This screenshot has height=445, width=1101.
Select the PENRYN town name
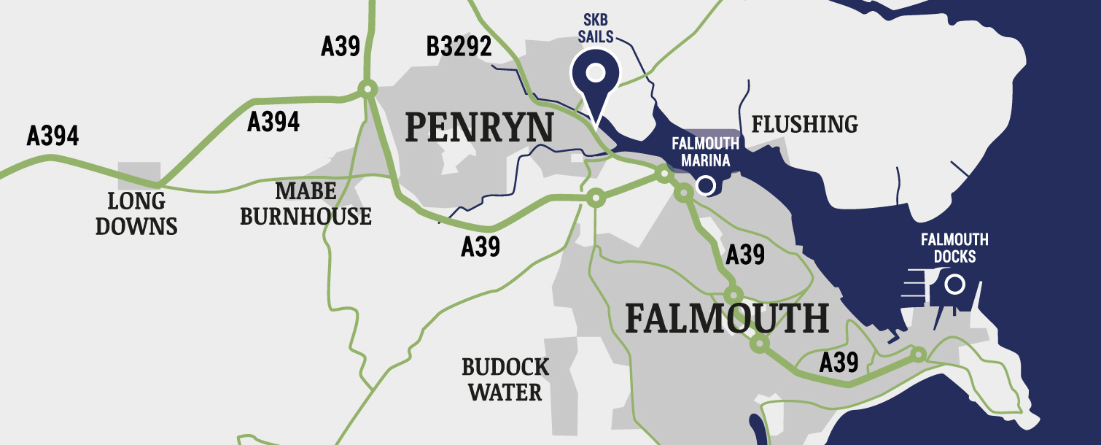(x=478, y=127)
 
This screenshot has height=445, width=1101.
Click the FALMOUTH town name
(x=727, y=319)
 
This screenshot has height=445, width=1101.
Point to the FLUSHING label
(x=804, y=124)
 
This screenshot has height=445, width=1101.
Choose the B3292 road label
(x=459, y=48)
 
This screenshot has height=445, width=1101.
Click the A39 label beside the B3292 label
(x=341, y=47)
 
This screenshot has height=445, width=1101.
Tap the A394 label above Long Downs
(x=52, y=136)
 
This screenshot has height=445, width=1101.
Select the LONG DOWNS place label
(x=136, y=213)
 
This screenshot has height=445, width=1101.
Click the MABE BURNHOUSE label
(x=306, y=204)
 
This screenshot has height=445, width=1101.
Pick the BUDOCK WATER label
(x=505, y=379)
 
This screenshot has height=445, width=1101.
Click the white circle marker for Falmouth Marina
(x=705, y=185)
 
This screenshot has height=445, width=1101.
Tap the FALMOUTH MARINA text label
(x=705, y=151)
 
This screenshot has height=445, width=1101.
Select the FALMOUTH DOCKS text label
(x=954, y=248)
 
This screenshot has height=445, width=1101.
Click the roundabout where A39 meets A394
(x=367, y=89)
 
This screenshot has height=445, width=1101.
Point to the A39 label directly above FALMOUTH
(x=745, y=255)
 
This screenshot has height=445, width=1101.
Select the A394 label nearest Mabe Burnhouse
(x=273, y=122)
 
